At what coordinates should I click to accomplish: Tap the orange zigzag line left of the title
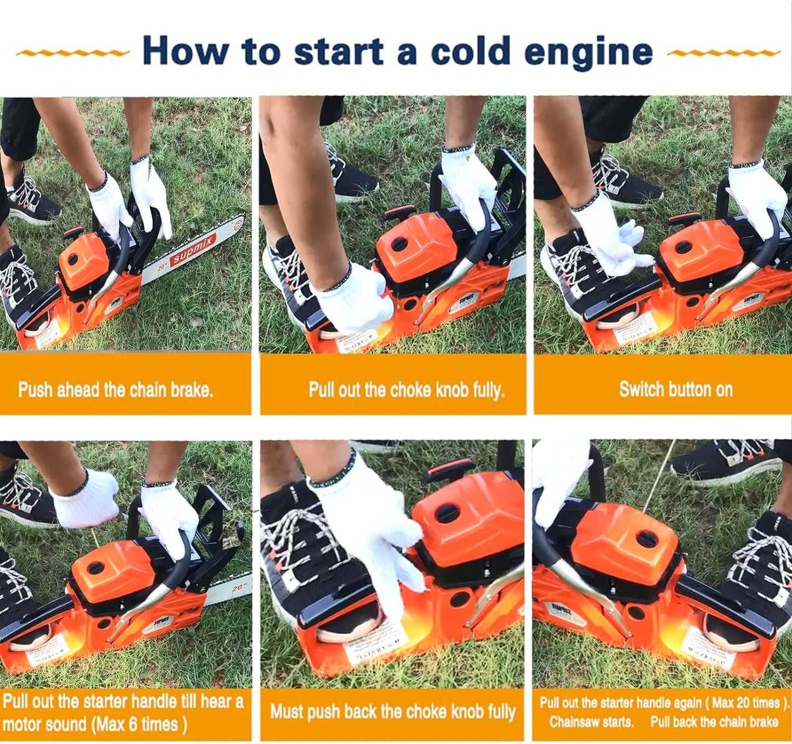click(72, 53)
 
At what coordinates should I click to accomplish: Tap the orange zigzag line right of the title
click(723, 53)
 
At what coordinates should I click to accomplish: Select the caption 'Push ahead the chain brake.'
click(116, 390)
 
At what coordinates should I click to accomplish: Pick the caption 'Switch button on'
click(675, 390)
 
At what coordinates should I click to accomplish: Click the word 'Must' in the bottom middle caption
click(287, 712)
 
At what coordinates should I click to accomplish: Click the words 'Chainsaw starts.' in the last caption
click(591, 722)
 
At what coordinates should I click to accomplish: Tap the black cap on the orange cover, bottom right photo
click(647, 538)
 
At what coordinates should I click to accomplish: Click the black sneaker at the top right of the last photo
click(729, 460)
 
